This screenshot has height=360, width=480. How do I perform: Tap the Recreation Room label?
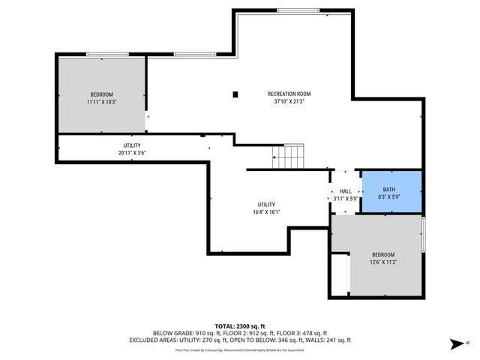[289, 94]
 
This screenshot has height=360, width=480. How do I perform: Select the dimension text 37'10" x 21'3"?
[289, 101]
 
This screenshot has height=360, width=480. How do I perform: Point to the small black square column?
[235, 94]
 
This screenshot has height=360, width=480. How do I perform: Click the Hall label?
[345, 191]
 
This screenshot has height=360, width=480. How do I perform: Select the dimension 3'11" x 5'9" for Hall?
[345, 198]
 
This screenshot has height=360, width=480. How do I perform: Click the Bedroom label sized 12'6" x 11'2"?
[382, 255]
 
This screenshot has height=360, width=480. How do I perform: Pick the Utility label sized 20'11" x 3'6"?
[132, 145]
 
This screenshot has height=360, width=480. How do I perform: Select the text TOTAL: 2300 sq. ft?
[240, 326]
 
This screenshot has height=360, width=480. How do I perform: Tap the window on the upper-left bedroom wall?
[107, 54]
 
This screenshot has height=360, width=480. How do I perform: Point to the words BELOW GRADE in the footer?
[172, 333]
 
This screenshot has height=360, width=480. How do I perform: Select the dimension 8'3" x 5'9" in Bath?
[389, 196]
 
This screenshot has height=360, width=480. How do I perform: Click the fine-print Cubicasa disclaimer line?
[240, 349]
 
